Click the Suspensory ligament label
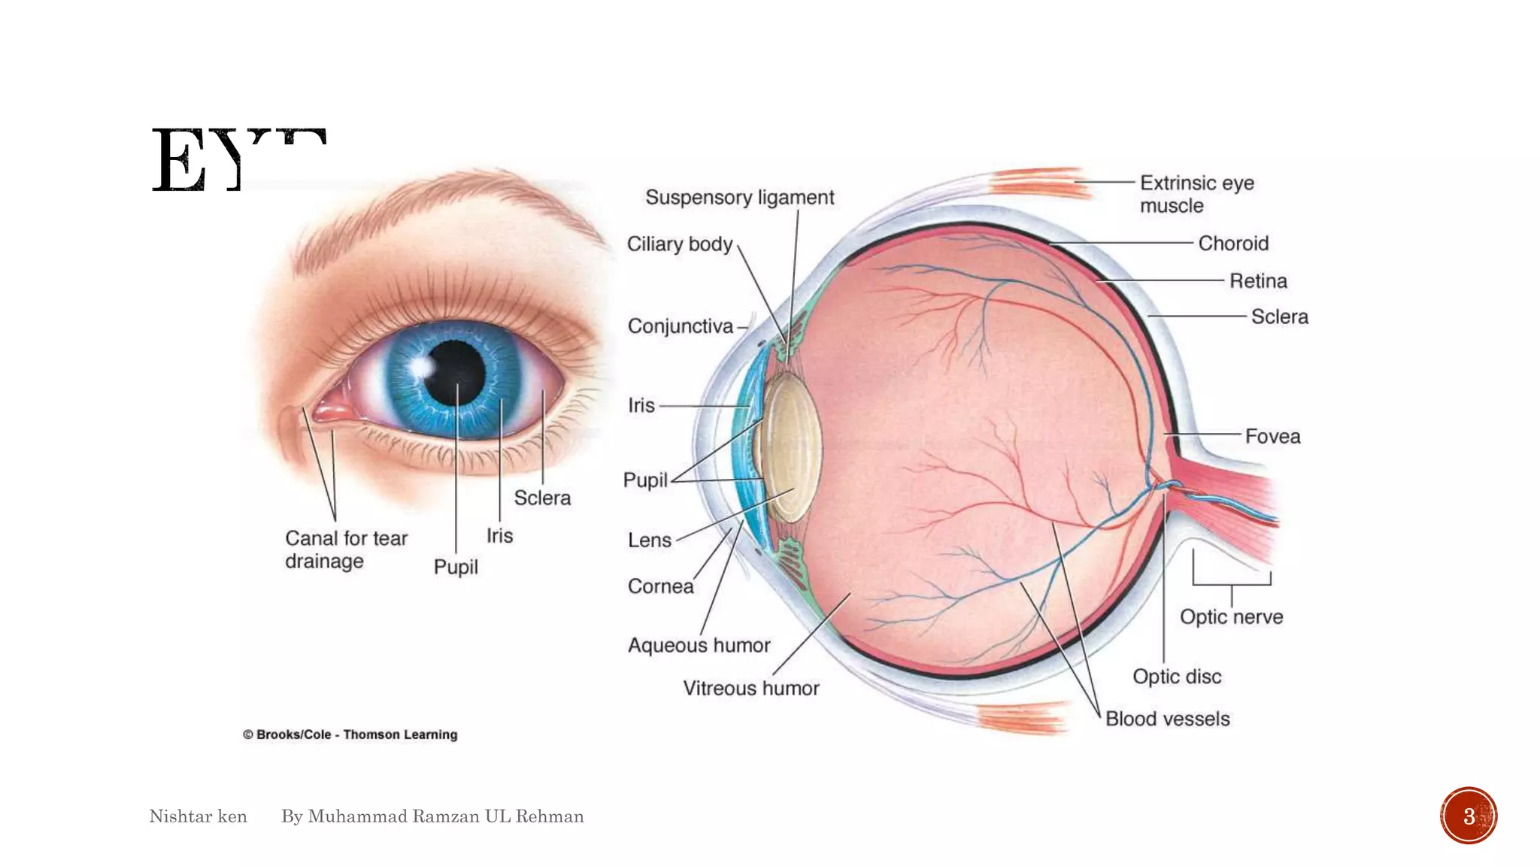pyautogui.click(x=739, y=198)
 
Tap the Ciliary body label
pyautogui.click(x=679, y=244)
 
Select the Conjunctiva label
pyautogui.click(x=680, y=326)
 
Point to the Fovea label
pyautogui.click(x=1272, y=437)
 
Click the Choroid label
pyautogui.click(x=1233, y=244)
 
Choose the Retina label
pyautogui.click(x=1258, y=281)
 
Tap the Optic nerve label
pyautogui.click(x=1231, y=617)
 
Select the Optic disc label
pyautogui.click(x=1177, y=677)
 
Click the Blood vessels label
pyautogui.click(x=1167, y=719)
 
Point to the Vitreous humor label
pyautogui.click(x=750, y=689)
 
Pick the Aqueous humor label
pyautogui.click(x=699, y=646)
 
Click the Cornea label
pyautogui.click(x=660, y=586)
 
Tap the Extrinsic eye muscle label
pyautogui.click(x=1196, y=194)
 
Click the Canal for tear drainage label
pyautogui.click(x=345, y=550)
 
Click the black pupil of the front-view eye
pyautogui.click(x=455, y=373)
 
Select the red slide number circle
pyautogui.click(x=1468, y=816)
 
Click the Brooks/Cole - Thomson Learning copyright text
pyautogui.click(x=350, y=734)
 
